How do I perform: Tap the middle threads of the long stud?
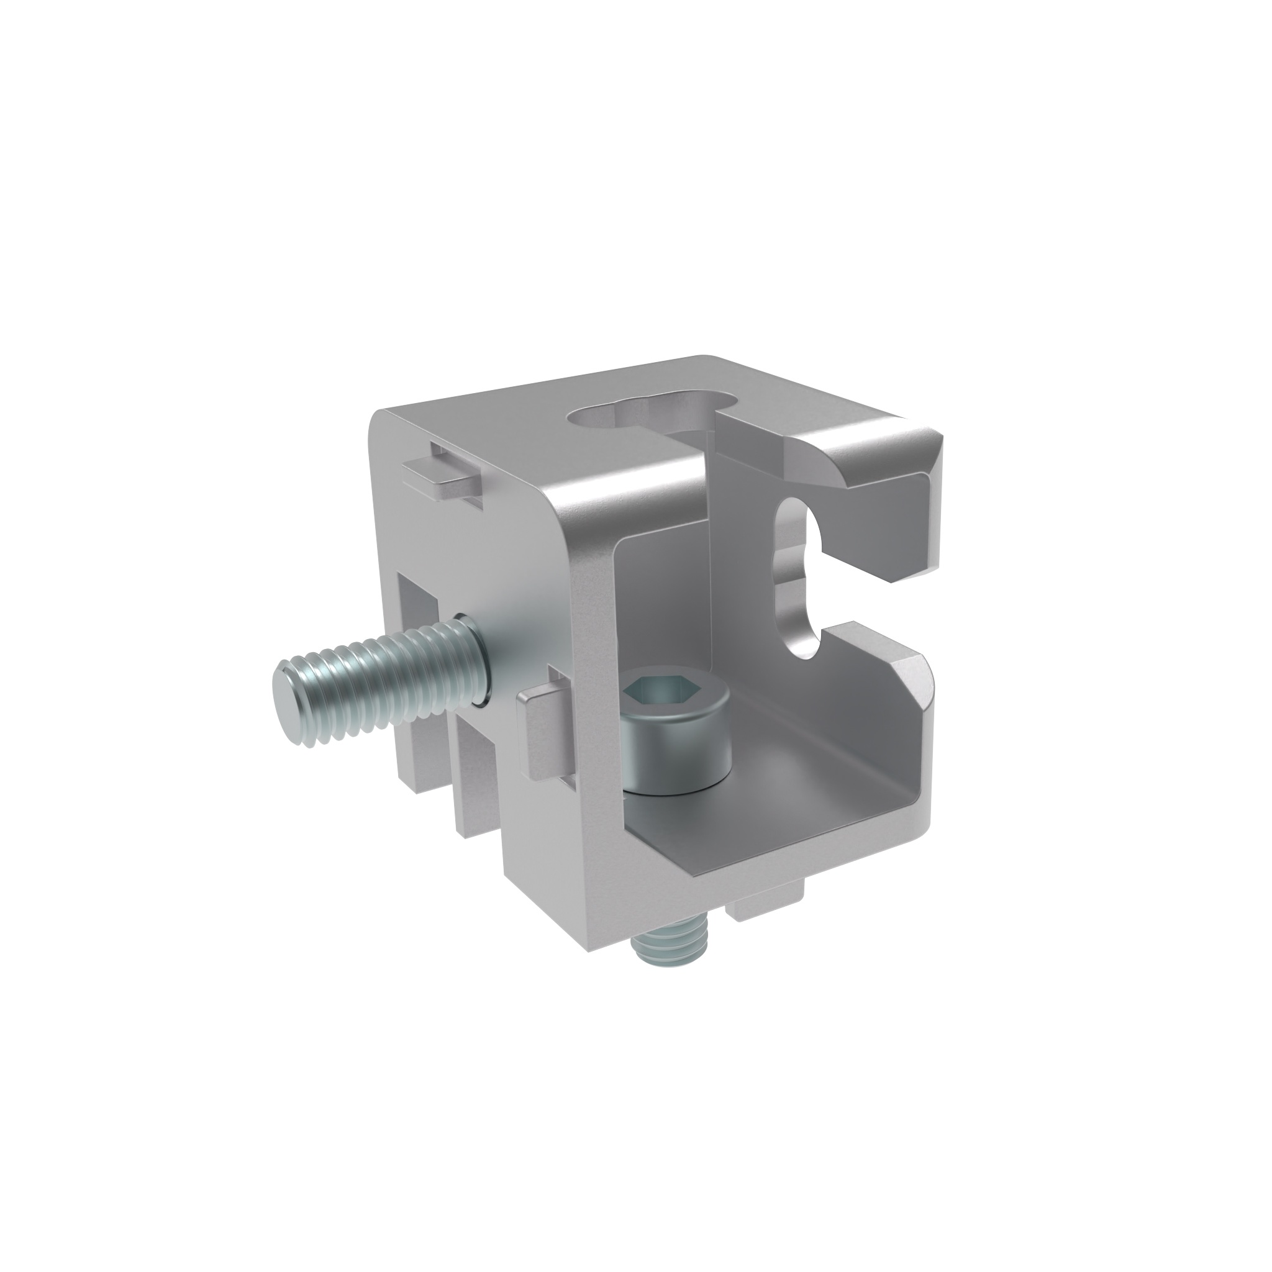coord(382,678)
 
